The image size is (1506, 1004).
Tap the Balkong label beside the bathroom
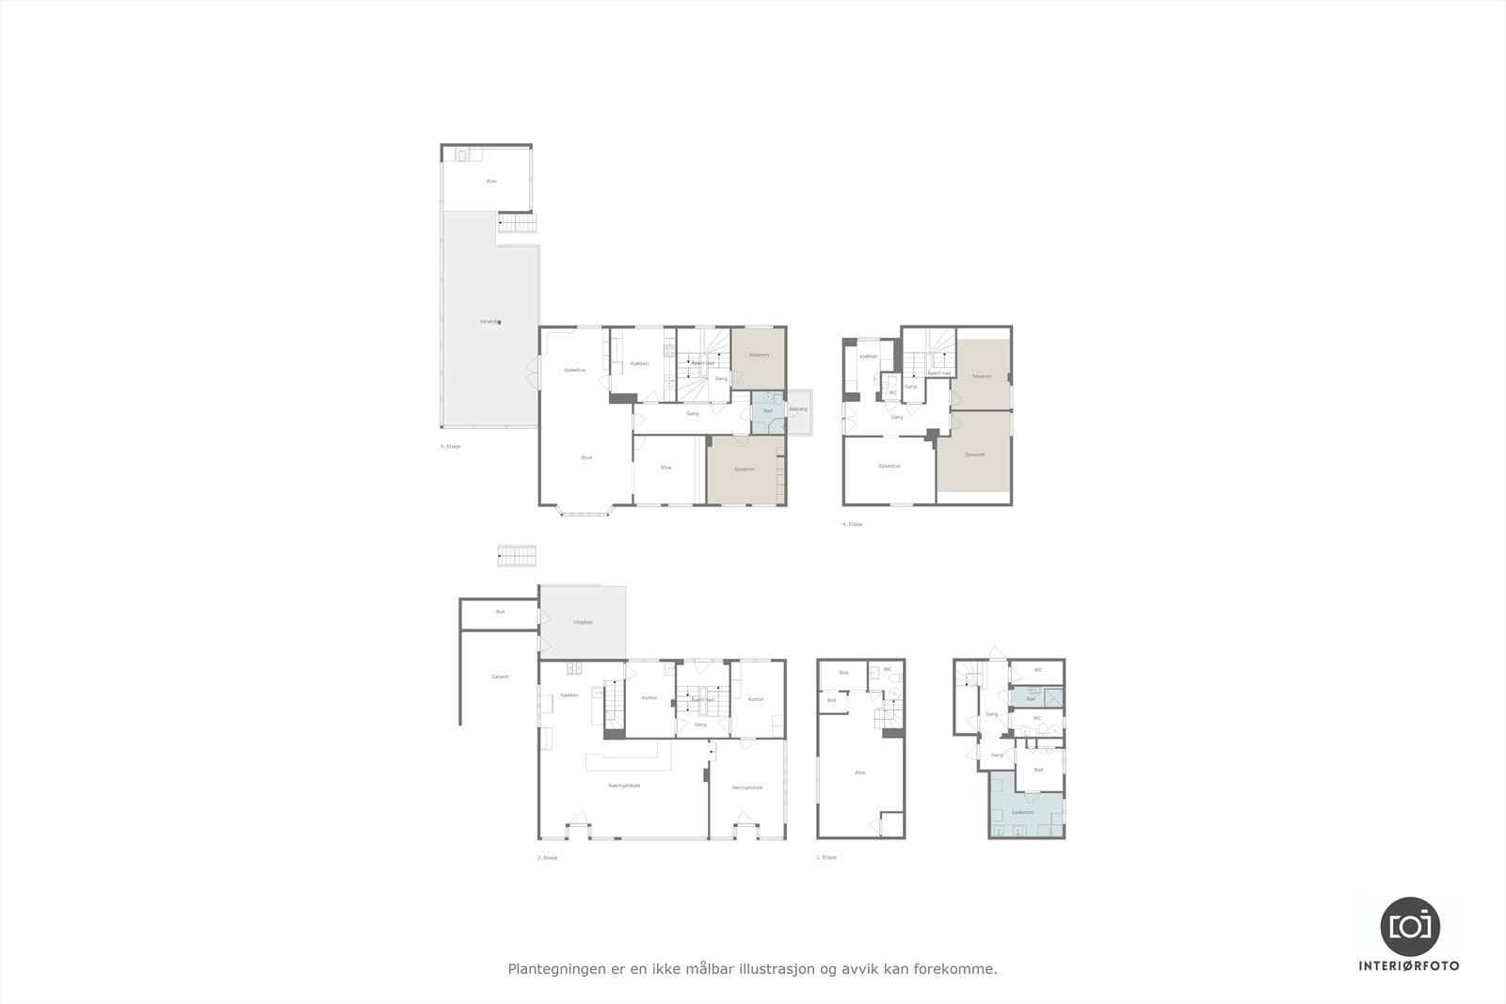coord(798,409)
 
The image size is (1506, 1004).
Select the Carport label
coord(500,677)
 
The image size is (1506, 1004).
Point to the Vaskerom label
coord(1022,812)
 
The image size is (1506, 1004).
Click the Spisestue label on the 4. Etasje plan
coord(889,466)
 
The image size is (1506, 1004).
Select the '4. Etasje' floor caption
coord(853,524)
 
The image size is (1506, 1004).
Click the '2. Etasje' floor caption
coord(548,858)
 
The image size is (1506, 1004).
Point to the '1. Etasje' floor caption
coord(827,858)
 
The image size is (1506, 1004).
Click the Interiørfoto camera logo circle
coord(1410,926)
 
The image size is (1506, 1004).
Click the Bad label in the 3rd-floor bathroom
coord(768,411)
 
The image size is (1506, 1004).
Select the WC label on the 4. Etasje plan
coord(893,392)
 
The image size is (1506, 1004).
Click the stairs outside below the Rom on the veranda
coord(516,224)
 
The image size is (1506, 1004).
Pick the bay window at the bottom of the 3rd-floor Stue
coord(585,512)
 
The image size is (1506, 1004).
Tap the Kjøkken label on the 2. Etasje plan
coord(569,695)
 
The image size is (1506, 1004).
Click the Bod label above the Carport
coord(501,612)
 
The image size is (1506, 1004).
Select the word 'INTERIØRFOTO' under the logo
coord(1409,965)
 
